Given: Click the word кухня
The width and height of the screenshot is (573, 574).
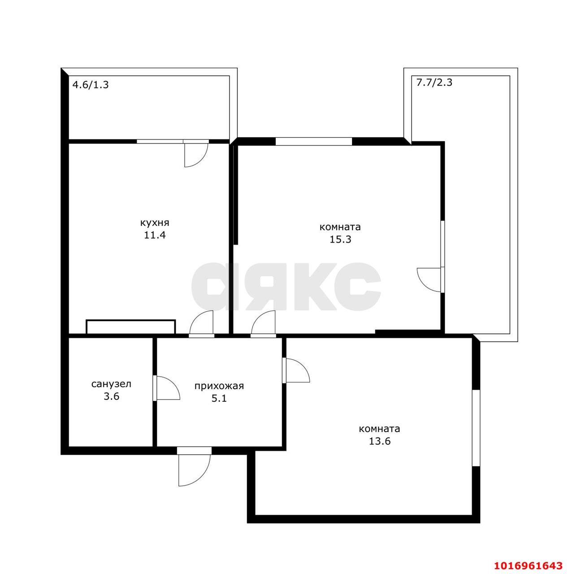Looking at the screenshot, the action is tap(155, 223).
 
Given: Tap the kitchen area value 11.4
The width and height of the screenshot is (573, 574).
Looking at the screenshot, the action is tap(155, 235).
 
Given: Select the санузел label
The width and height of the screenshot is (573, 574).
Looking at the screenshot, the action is tap(111, 384).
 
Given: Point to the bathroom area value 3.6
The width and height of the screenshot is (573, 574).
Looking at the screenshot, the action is tap(111, 396).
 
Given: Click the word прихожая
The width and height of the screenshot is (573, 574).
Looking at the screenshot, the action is tap(219, 386).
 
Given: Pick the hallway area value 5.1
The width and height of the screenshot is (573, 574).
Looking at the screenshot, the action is tap(219, 399).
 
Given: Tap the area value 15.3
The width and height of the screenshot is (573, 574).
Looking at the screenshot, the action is tap(340, 239).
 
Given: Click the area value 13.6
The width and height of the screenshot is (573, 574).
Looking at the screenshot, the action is tap(380, 441).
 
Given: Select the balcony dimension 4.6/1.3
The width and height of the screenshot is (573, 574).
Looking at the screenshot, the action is tap(91, 85).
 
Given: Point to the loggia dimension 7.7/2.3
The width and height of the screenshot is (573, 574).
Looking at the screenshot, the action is tap(434, 82).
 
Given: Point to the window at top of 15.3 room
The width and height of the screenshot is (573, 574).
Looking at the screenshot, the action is tap(313, 141).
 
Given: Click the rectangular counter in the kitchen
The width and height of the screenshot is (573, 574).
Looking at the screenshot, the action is tap(131, 327).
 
